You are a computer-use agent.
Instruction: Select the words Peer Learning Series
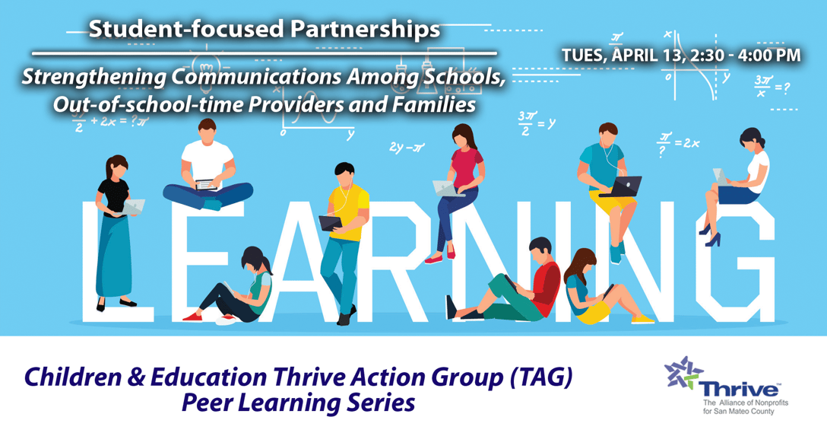(298, 403)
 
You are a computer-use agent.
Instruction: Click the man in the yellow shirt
(344, 228)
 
